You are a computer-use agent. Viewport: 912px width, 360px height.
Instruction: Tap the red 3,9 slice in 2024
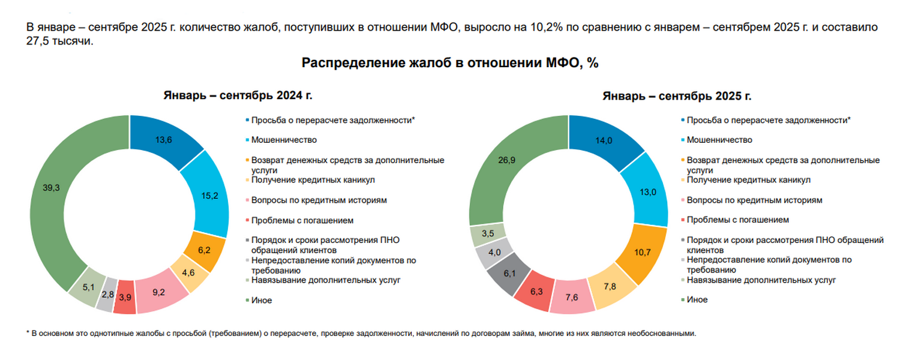pos(125,297)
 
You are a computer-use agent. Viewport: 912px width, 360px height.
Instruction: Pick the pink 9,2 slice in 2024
pos(160,291)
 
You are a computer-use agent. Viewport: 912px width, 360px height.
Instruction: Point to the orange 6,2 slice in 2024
pos(205,250)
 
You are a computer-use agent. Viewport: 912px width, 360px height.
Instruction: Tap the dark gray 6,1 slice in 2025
pos(509,274)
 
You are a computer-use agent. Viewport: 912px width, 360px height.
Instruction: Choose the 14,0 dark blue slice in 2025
pos(605,140)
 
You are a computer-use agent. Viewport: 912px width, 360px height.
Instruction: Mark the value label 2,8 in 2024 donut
pos(108,295)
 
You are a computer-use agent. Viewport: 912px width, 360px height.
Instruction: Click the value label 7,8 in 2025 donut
pos(610,286)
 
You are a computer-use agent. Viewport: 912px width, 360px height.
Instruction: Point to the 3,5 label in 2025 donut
pos(488,233)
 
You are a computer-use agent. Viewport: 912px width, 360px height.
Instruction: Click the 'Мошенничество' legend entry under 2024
pos(284,140)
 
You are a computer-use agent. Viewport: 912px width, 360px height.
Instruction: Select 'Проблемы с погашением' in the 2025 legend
pos(738,220)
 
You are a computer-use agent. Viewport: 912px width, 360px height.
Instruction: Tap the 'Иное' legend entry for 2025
pos(697,299)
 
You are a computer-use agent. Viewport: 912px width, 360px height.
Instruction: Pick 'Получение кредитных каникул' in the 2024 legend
pos(313,179)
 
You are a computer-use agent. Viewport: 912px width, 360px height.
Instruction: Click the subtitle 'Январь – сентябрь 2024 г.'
pos(238,95)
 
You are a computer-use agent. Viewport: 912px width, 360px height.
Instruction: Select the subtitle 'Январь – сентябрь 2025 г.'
pos(677,96)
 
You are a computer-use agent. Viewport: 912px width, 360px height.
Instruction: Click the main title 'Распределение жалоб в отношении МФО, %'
pos(450,63)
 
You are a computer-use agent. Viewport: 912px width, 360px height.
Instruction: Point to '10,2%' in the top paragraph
pos(547,27)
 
